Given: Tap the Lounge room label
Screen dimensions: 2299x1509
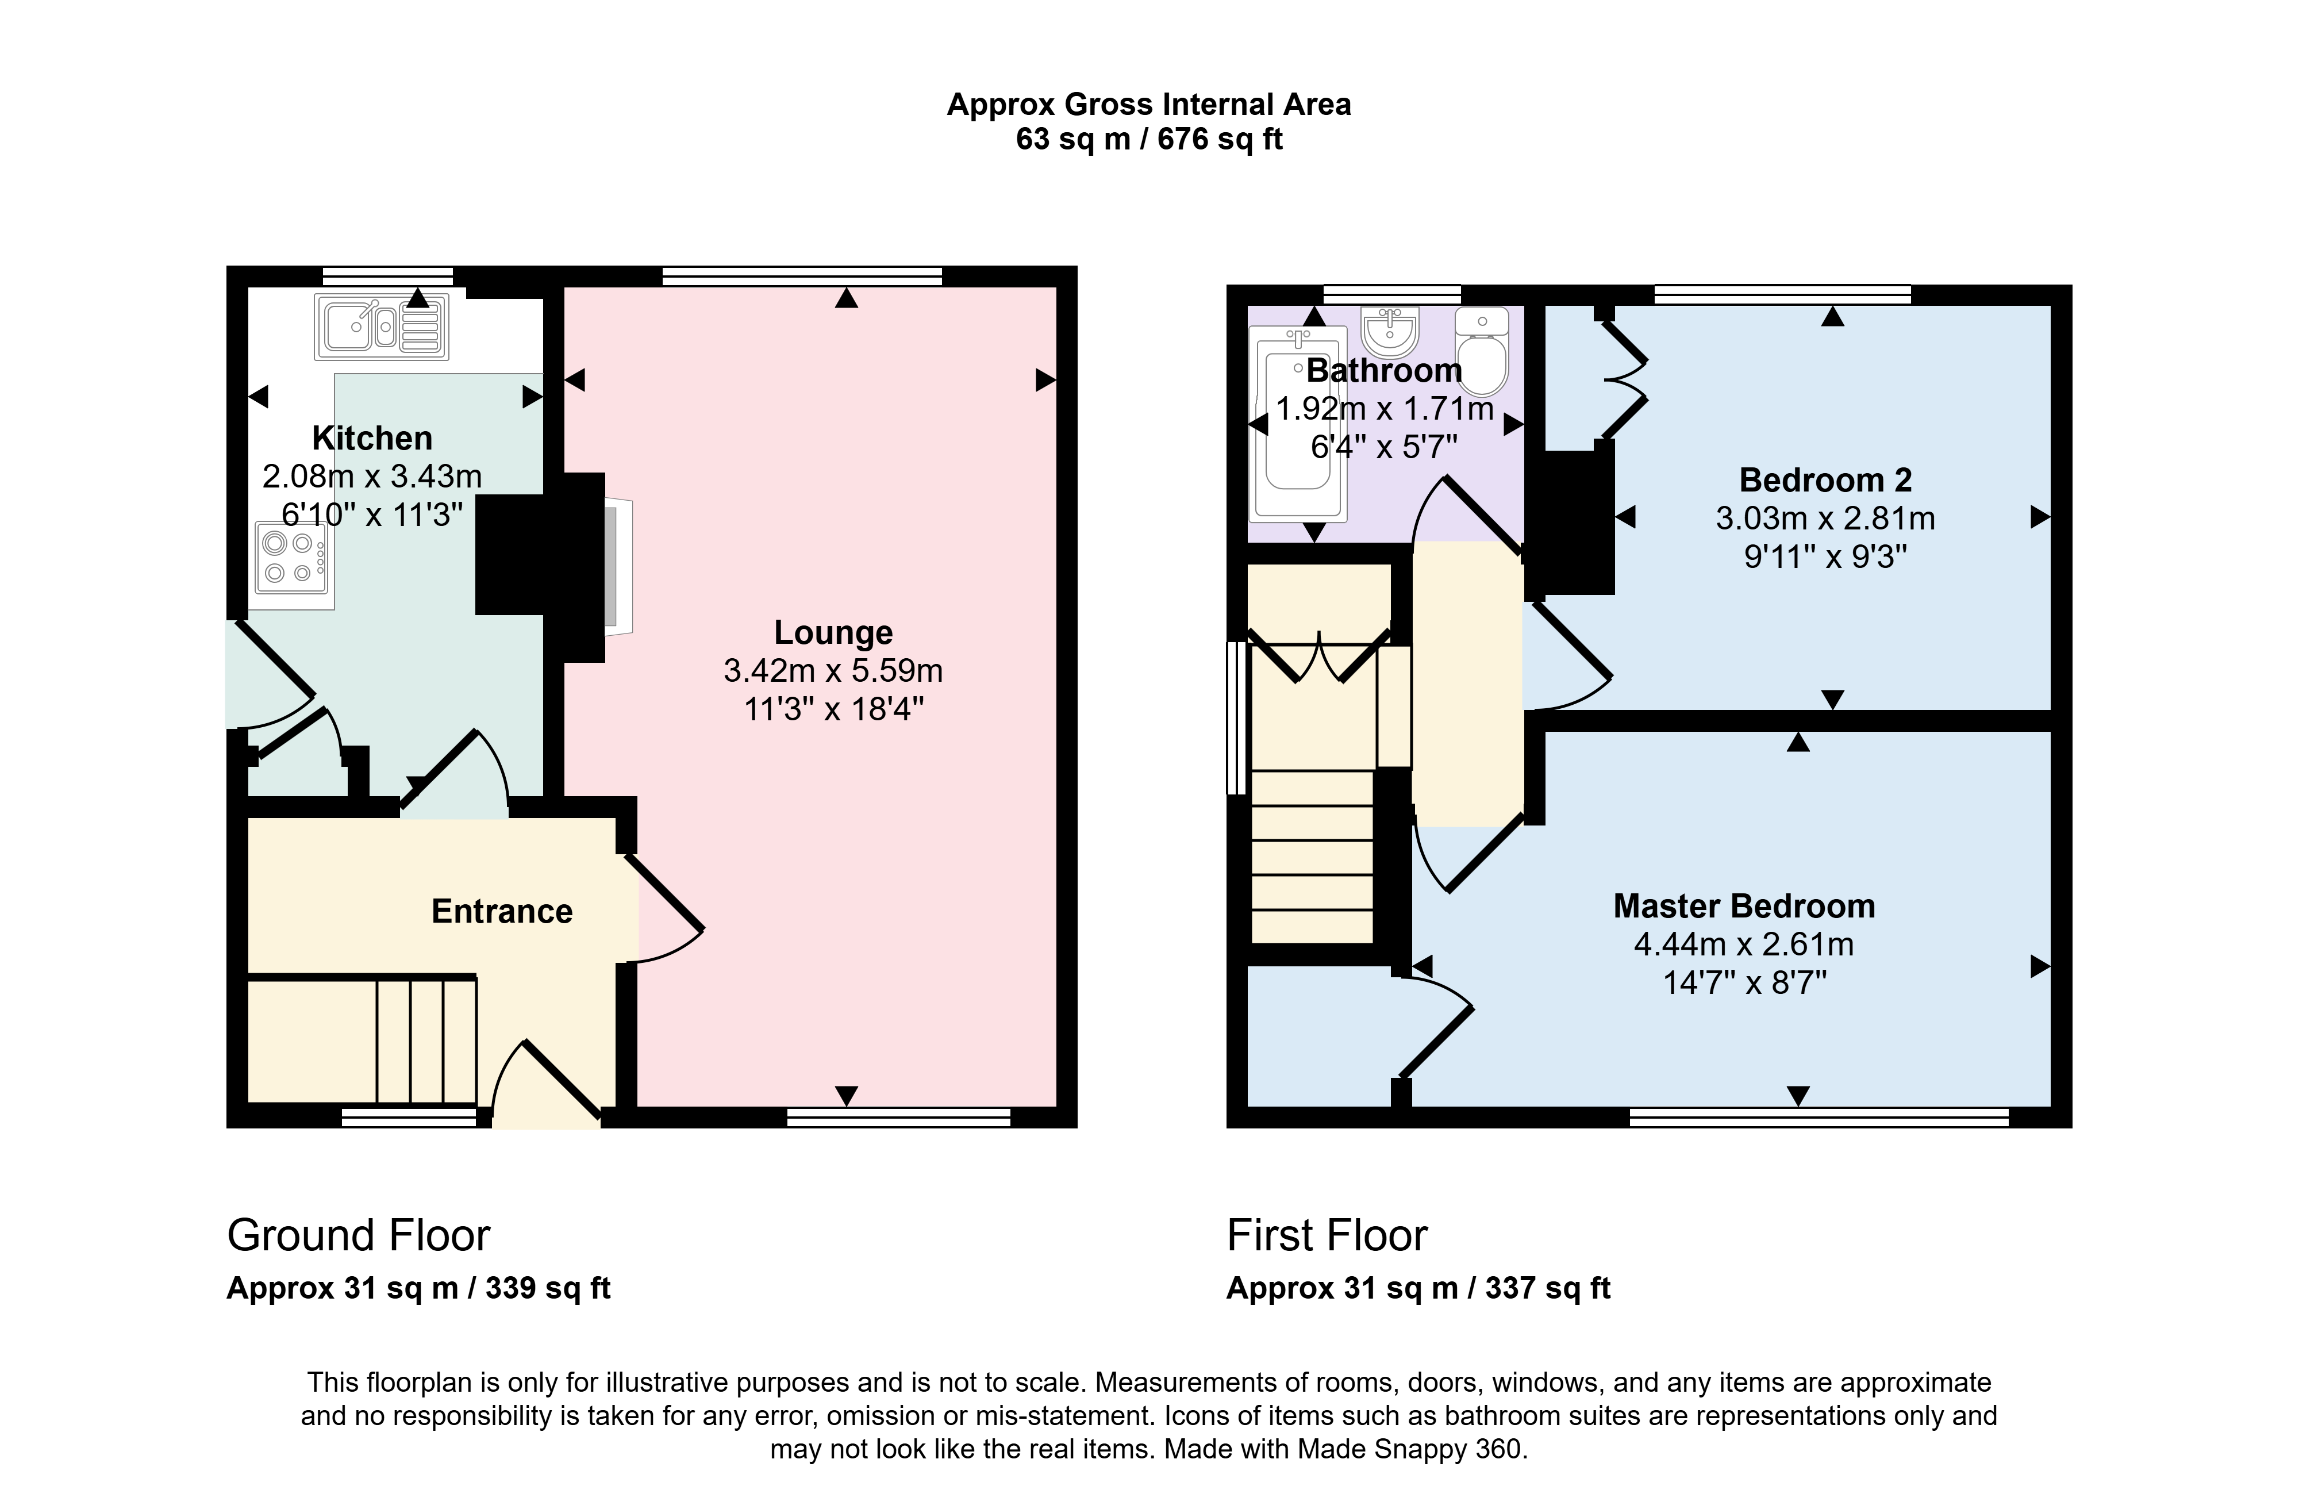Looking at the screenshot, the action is [x=833, y=633].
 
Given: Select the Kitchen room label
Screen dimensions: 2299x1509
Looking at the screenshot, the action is [x=372, y=439].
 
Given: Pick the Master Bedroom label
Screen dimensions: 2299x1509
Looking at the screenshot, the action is [x=1744, y=906].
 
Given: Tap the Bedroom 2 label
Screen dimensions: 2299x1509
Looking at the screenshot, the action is [x=1825, y=480].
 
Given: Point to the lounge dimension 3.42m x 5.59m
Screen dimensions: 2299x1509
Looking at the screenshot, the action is [x=833, y=670].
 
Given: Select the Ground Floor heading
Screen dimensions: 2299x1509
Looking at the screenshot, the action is [x=359, y=1235].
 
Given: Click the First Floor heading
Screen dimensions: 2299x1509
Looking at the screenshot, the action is [x=1327, y=1235].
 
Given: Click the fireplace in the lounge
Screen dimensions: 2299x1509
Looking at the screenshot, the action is [x=618, y=567].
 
